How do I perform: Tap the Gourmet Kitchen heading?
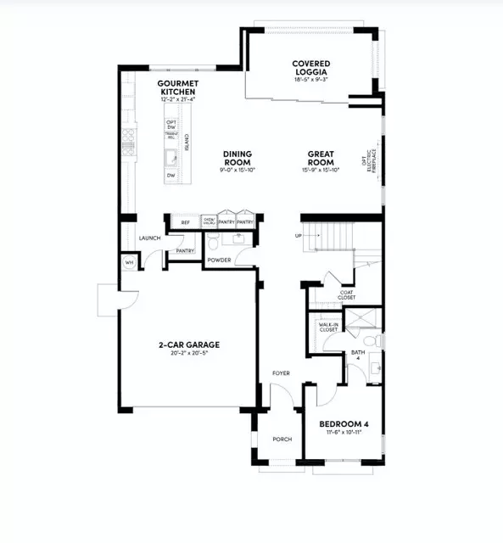point(177,87)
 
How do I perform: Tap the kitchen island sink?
point(171,156)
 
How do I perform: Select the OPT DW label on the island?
point(171,125)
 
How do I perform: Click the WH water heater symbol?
point(130,263)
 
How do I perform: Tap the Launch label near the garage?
point(149,238)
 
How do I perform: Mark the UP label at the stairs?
point(298,236)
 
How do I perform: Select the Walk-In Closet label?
point(329,327)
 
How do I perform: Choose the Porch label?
point(282,439)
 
